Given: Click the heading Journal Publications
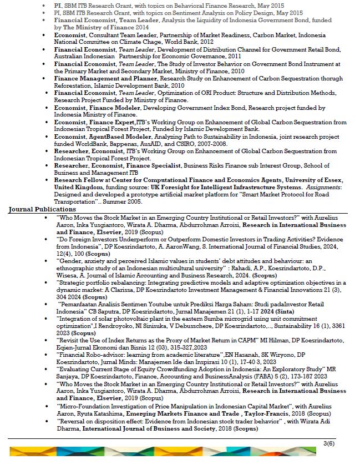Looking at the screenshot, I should (x=42, y=209).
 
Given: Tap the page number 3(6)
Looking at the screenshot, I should (x=329, y=442).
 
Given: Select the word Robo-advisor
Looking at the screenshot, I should (x=106, y=355).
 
